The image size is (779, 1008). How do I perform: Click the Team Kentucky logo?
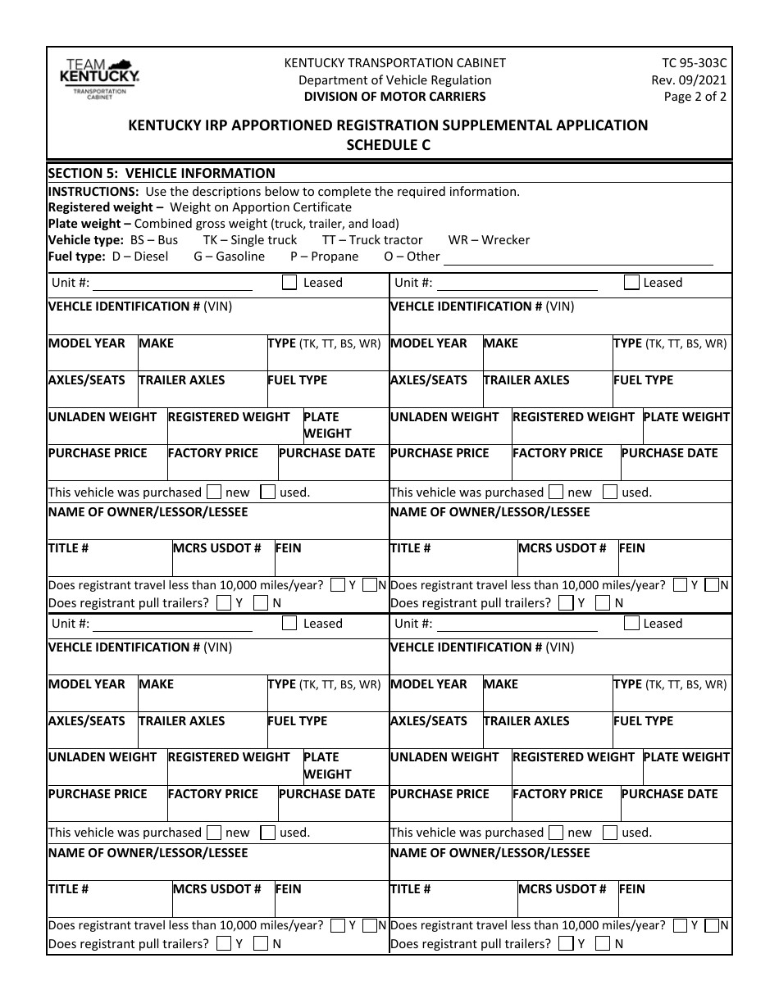(x=99, y=79)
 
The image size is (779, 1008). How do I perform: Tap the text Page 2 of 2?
(x=695, y=96)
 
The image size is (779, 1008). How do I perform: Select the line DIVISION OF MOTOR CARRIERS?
(x=394, y=96)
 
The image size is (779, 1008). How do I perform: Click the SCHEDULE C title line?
(x=389, y=144)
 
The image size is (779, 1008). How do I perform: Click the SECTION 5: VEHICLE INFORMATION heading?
(x=162, y=173)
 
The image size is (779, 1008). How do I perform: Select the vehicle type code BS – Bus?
(x=154, y=240)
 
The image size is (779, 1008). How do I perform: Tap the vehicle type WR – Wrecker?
(x=489, y=240)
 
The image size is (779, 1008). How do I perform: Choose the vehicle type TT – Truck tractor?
(x=372, y=240)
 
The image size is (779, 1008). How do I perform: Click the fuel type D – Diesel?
(x=139, y=257)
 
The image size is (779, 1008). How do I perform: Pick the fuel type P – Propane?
(x=324, y=257)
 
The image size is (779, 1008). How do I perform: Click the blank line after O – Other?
(x=577, y=259)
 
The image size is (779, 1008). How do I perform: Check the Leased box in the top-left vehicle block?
(x=289, y=283)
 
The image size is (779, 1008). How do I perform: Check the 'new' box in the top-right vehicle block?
(x=556, y=493)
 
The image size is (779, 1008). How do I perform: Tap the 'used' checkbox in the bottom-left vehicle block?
(x=267, y=833)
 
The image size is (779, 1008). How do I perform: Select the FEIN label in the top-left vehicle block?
(x=289, y=548)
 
